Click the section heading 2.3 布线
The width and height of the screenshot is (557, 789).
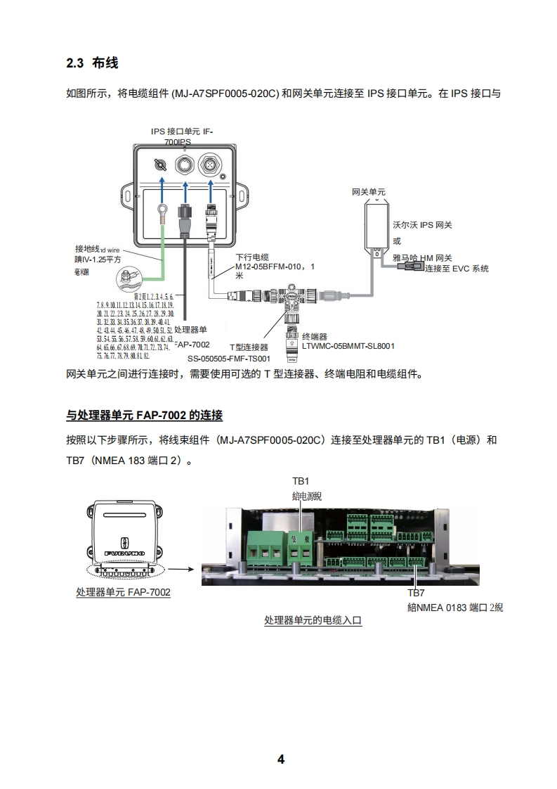(x=92, y=63)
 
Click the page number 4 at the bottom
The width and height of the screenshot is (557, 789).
(x=280, y=759)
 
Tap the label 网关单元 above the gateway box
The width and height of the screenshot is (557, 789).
(x=368, y=192)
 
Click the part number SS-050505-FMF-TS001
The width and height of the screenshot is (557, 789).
(x=229, y=358)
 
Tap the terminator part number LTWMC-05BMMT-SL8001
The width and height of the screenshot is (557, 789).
(x=348, y=346)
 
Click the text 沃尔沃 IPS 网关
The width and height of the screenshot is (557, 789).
(x=421, y=225)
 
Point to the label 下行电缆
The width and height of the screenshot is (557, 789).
(x=252, y=257)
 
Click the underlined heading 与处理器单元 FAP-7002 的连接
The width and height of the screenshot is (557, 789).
(x=144, y=416)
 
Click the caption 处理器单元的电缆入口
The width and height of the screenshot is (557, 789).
(x=313, y=621)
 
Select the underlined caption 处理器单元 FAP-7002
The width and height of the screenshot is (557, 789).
(x=123, y=592)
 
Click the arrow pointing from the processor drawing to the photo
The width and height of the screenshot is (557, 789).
(x=181, y=571)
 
